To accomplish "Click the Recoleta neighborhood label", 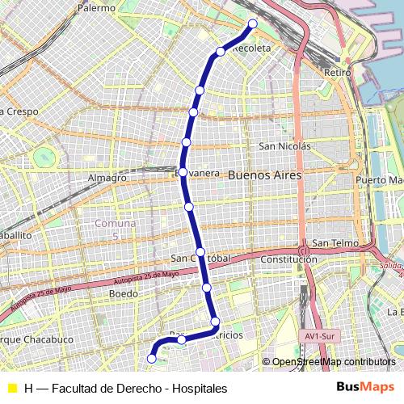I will [251, 48].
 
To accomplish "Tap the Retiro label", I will [336, 73].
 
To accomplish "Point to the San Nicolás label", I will [284, 146].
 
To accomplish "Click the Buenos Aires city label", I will [264, 175].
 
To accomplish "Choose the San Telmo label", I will [330, 242].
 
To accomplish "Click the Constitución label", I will [288, 259].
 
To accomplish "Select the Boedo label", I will [123, 294].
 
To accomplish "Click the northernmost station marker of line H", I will [253, 23].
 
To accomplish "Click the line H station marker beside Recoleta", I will [221, 52].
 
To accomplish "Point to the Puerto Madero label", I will [380, 179].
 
